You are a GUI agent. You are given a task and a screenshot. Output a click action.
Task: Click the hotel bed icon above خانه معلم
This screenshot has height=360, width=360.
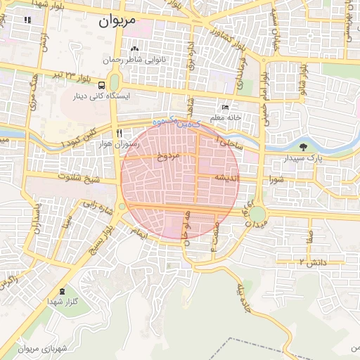225,108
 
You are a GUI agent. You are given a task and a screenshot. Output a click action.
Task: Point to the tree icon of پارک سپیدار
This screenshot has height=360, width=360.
303,148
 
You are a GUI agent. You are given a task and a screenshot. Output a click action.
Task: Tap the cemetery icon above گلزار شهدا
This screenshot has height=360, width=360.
63,291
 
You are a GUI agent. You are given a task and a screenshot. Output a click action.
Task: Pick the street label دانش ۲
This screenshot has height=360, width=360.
311,262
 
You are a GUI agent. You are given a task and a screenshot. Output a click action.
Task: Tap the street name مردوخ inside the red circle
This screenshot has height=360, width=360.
167,154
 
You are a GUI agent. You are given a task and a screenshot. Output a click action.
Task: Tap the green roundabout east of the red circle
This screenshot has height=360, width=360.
257,214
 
